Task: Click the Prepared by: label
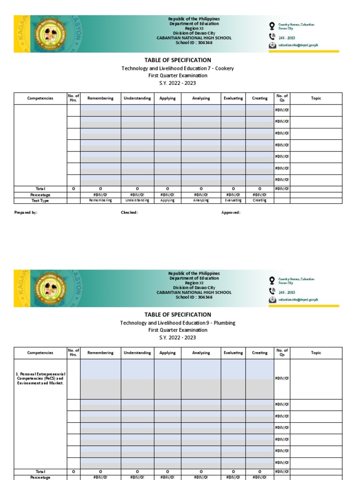coord(26,212)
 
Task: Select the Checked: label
coord(129,212)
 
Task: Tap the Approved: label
coord(231,212)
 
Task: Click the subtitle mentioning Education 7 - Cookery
coord(178,68)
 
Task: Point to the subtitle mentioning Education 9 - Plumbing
coord(178,323)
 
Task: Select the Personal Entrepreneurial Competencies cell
coord(40,379)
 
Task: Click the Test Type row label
coord(40,201)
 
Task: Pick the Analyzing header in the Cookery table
coord(201,98)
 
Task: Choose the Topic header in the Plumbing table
coord(316,353)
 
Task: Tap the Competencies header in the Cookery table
coord(40,98)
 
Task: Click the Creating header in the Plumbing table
coord(260,353)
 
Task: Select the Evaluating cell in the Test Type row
coord(233,201)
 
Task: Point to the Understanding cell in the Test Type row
coord(137,201)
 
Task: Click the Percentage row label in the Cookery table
coord(40,195)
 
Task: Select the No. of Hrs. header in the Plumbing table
coord(74,353)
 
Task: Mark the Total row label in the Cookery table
coord(40,189)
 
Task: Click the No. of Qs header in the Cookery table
coord(282,98)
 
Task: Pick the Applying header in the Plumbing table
coord(167,353)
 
